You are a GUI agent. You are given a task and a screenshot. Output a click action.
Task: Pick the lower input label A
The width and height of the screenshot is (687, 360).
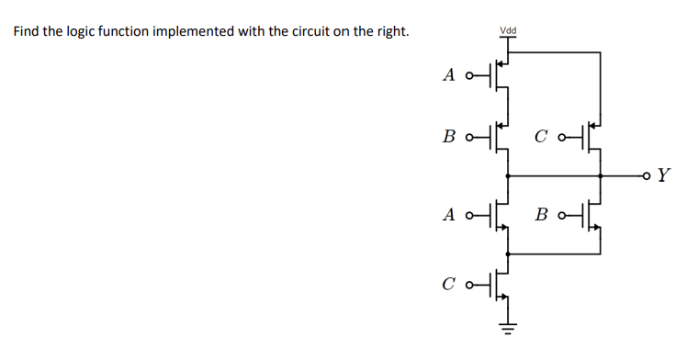click(448, 215)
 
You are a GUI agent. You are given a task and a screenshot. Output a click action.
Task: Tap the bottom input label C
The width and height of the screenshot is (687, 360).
click(448, 285)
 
